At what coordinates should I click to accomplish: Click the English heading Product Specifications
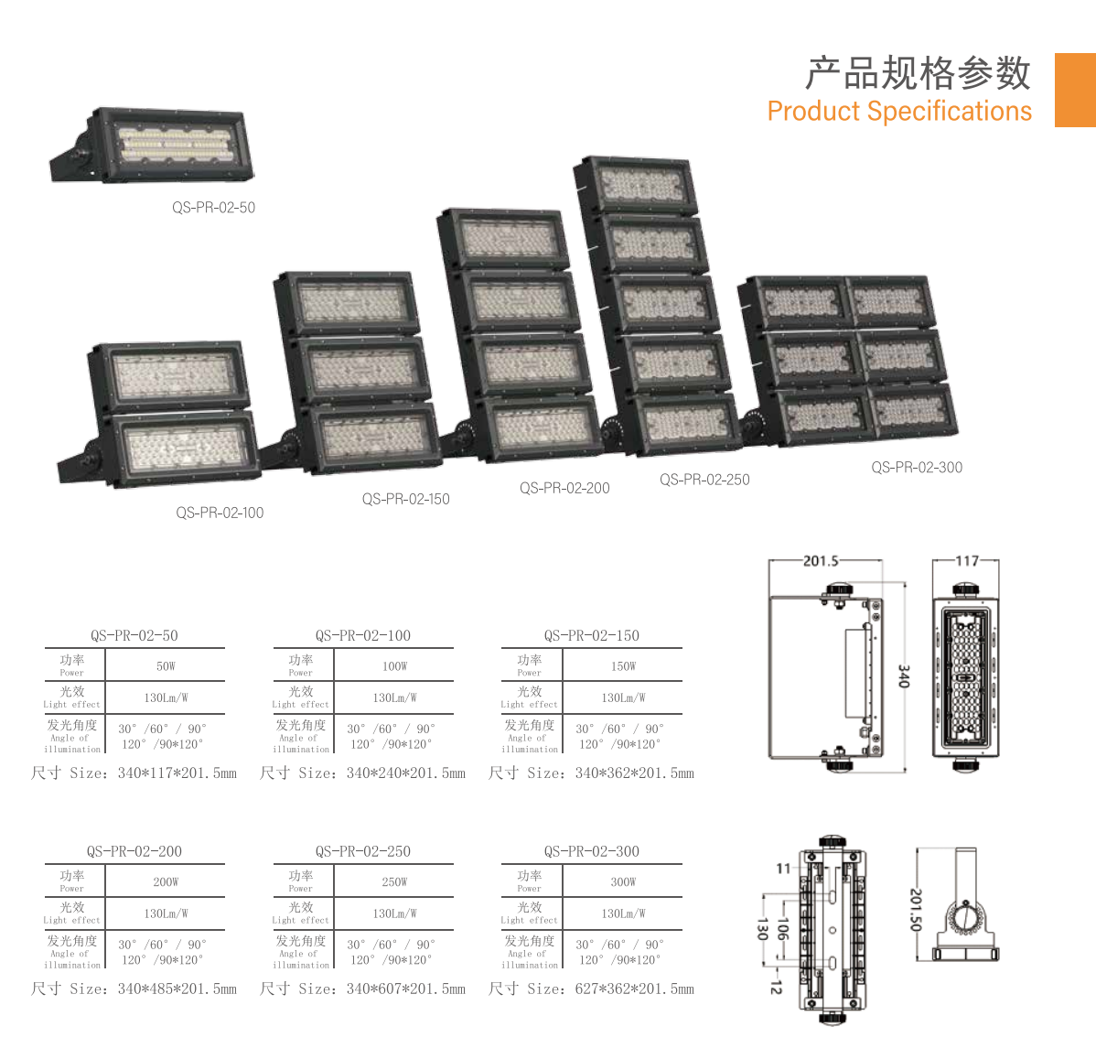899,112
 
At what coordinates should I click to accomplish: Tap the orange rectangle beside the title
1075,91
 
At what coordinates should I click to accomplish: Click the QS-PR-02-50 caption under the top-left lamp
213,208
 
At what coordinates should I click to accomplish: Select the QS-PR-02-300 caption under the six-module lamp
917,467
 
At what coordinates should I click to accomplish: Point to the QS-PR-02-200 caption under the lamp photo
564,488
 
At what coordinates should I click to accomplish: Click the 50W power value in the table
166,666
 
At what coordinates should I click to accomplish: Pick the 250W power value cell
394,882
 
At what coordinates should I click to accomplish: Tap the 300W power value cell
623,882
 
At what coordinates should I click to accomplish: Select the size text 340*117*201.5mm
177,773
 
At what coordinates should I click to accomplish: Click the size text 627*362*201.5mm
634,989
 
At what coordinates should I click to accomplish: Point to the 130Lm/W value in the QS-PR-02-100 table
394,698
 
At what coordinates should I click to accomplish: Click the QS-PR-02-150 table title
591,635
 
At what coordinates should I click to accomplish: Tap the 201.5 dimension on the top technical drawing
821,561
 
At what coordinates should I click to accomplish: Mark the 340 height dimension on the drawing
903,676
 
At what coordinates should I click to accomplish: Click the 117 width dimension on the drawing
967,561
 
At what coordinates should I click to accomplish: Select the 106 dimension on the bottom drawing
783,930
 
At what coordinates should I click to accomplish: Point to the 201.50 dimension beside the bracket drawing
916,909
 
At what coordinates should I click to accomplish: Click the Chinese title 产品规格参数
918,72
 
